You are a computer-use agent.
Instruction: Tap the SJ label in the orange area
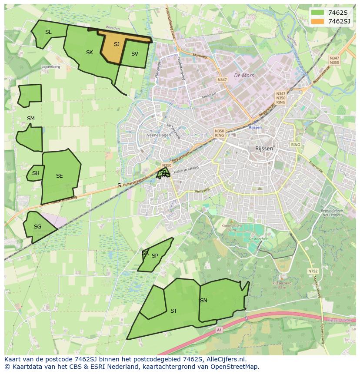117,44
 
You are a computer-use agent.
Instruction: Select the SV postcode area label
134,54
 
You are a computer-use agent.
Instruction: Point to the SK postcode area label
90,53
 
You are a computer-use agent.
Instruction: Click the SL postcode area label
48,32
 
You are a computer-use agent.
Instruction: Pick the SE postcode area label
60,176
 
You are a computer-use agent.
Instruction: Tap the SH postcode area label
36,173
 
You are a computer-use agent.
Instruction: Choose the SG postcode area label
37,227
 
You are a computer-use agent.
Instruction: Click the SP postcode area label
155,256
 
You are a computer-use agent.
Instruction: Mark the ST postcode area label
173,311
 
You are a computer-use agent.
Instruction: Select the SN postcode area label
203,301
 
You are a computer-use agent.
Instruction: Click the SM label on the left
30,119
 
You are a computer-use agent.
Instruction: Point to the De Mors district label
243,76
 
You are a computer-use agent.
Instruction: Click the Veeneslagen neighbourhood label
159,136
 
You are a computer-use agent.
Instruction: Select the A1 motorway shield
219,330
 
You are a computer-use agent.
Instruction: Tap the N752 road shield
313,271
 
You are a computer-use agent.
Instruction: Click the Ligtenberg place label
50,67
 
